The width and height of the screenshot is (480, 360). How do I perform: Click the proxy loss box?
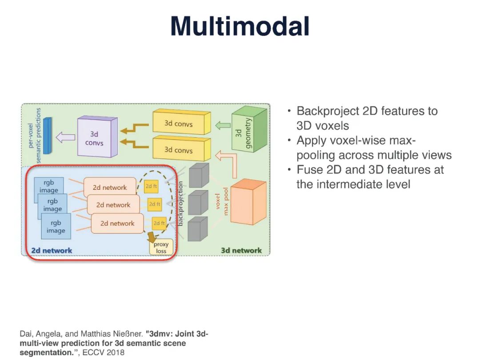(x=161, y=248)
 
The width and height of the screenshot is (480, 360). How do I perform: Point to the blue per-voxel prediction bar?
(x=48, y=136)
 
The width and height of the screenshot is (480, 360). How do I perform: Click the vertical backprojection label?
(x=180, y=204)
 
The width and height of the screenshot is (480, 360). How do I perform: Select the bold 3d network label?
(x=241, y=251)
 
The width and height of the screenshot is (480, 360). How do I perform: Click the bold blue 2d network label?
(x=52, y=251)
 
